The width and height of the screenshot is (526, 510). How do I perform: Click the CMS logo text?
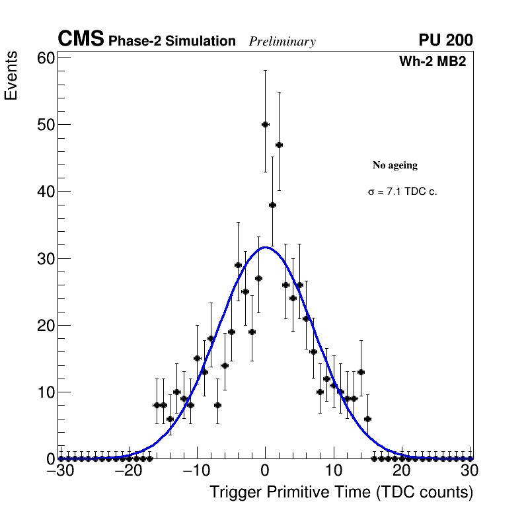point(81,40)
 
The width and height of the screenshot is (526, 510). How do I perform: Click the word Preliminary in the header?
point(282,42)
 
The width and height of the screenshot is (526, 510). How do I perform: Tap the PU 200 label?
point(445,40)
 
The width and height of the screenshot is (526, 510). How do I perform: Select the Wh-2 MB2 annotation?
point(433,62)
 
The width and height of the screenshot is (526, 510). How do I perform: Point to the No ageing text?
point(395,165)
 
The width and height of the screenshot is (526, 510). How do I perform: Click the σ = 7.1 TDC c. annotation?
point(402,192)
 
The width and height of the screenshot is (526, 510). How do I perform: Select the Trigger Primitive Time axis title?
point(341,492)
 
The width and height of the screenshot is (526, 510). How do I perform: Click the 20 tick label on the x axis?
point(402,471)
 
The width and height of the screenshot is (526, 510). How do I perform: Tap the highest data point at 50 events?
point(265,124)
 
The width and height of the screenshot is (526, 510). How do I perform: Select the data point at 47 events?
point(279,144)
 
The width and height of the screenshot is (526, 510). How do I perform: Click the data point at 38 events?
point(272,205)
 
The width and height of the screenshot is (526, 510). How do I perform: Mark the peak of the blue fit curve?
point(265,247)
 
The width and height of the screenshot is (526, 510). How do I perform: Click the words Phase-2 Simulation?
point(172,42)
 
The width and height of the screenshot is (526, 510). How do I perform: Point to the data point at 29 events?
point(238,265)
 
